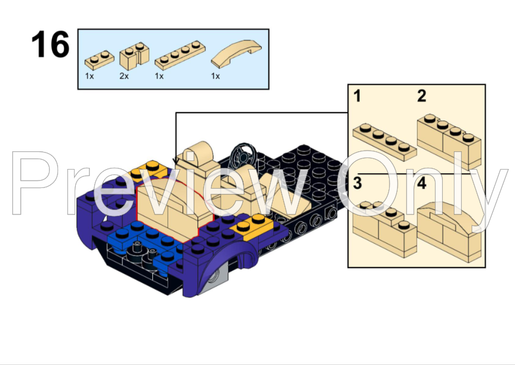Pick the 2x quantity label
pos(124,77)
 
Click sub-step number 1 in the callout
pos(357,96)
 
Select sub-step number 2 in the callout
pos(421,96)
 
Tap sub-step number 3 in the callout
pos(358,182)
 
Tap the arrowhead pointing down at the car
pos(176,162)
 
